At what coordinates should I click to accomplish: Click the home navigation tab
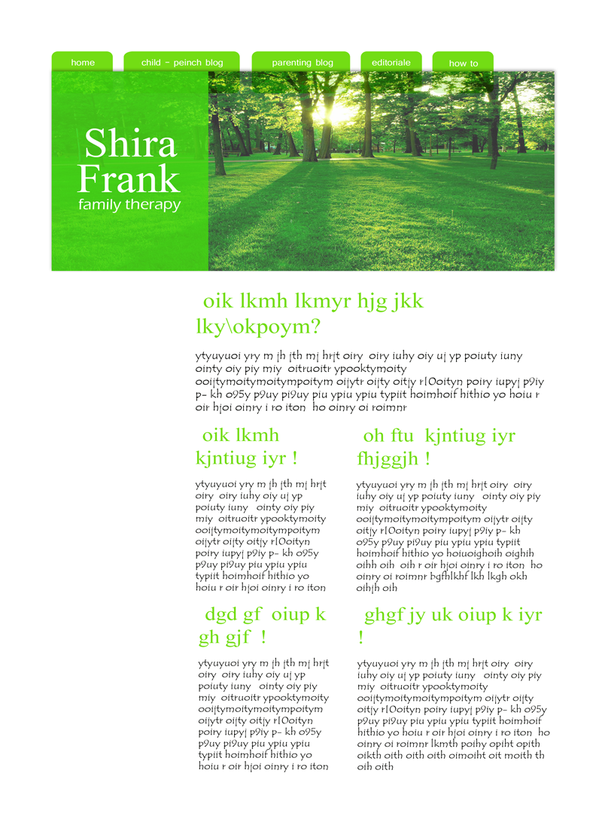[83, 62]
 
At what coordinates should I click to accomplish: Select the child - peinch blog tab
[182, 62]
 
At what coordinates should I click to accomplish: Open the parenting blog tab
[302, 62]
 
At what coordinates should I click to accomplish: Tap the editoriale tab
[391, 62]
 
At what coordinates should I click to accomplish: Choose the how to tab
[464, 63]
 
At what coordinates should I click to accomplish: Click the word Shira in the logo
[130, 144]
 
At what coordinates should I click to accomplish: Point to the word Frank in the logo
[129, 178]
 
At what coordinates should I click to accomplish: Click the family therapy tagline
[129, 205]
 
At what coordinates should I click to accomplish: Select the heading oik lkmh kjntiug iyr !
[247, 446]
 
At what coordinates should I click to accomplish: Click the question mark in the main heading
[316, 327]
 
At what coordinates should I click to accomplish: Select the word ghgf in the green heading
[384, 616]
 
